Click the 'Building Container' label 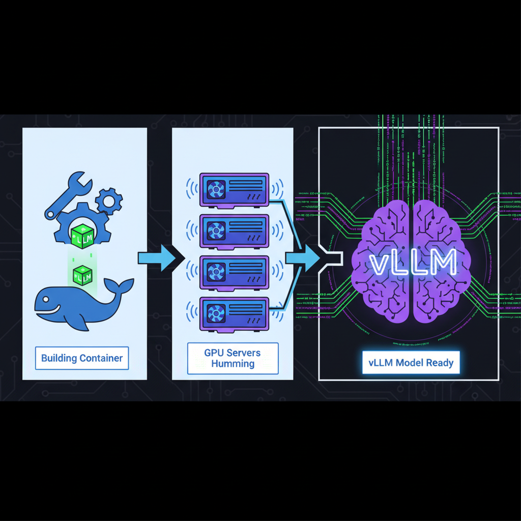[82, 358]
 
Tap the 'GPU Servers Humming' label [233, 358]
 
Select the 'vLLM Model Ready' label [411, 363]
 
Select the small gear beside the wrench [109, 201]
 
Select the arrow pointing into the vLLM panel [304, 258]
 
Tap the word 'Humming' [233, 364]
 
